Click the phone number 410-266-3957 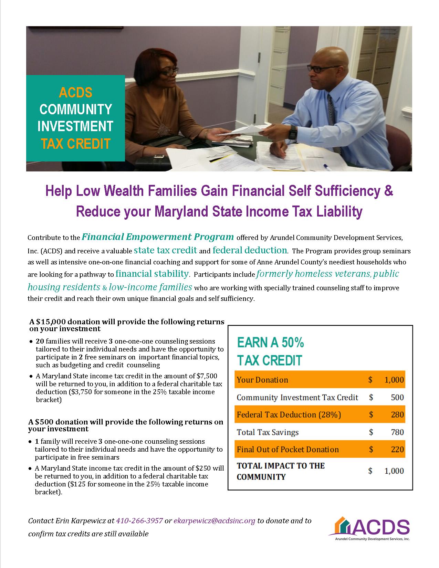tap(140, 520)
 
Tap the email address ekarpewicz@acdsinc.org tap(215, 520)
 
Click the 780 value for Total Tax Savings tap(397, 432)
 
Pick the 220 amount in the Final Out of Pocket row tap(397, 449)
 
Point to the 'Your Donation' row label tap(262, 380)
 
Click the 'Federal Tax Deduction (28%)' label tap(289, 414)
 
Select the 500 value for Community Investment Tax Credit tap(397, 397)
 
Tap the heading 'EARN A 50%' tap(270, 343)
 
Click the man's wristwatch tap(292, 132)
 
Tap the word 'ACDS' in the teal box tap(75, 93)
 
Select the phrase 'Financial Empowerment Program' tap(158, 237)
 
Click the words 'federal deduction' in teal tap(250, 250)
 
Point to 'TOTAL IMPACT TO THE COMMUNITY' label tap(281, 471)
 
